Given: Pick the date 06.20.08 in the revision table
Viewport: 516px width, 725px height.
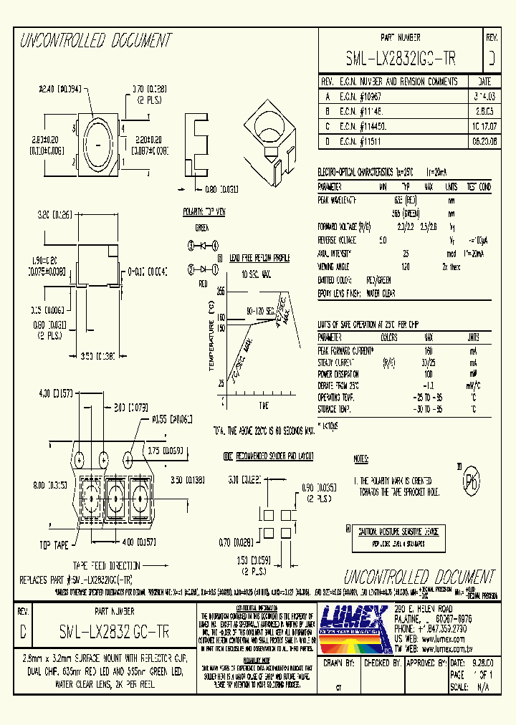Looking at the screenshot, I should [x=484, y=142].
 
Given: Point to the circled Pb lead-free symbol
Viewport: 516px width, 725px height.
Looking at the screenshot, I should [x=471, y=479].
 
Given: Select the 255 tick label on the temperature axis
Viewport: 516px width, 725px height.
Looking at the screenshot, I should [x=220, y=292].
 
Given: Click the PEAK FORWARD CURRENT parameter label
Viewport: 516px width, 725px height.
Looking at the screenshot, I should [x=345, y=350].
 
